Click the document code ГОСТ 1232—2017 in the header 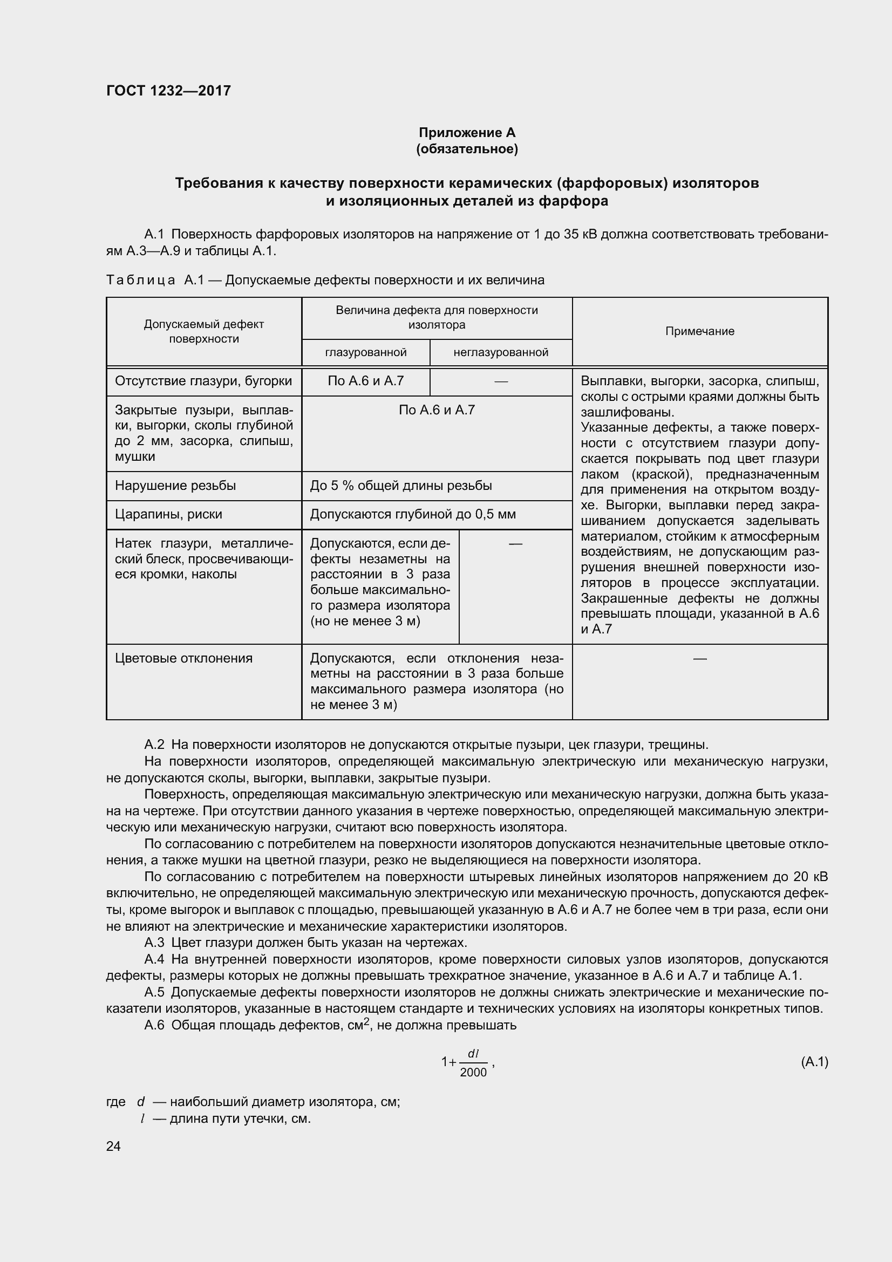point(168,91)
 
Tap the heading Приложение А point(467,133)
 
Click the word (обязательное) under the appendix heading point(467,149)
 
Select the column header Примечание point(699,331)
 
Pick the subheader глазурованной point(365,352)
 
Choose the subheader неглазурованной point(500,352)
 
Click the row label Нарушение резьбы point(175,486)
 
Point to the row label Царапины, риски point(168,515)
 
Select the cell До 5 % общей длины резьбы point(400,486)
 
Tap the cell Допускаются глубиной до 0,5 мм point(412,515)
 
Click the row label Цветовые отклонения point(183,658)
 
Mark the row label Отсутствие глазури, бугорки point(203,381)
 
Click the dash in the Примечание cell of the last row point(699,658)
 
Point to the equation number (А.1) point(814,1061)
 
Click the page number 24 point(113,1146)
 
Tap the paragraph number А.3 point(154,943)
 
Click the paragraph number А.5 point(154,992)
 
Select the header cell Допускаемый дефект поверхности point(203,331)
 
